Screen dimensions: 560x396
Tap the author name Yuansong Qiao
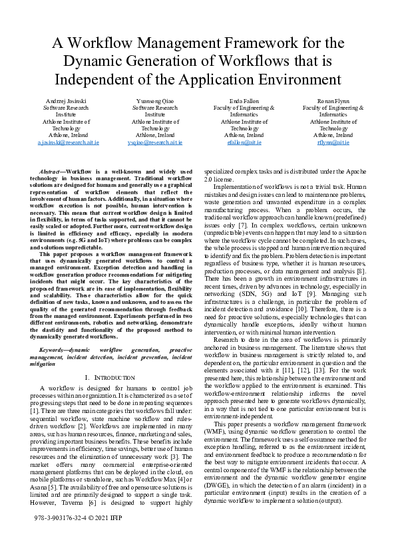tap(154, 100)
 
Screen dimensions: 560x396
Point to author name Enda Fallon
tap(244, 100)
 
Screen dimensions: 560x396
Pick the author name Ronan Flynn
tap(333, 100)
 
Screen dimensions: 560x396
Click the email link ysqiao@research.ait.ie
tap(154, 142)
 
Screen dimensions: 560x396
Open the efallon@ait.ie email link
tap(244, 142)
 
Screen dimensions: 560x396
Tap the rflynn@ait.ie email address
tap(333, 142)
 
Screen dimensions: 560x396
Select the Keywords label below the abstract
tap(55, 349)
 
